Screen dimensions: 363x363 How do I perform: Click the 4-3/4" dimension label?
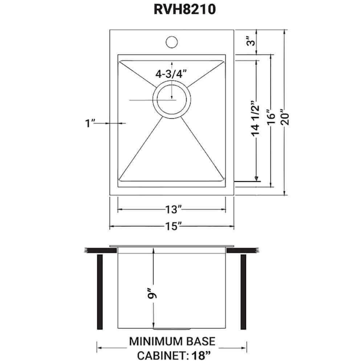click(x=170, y=74)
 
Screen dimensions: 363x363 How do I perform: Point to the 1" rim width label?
click(x=89, y=123)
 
